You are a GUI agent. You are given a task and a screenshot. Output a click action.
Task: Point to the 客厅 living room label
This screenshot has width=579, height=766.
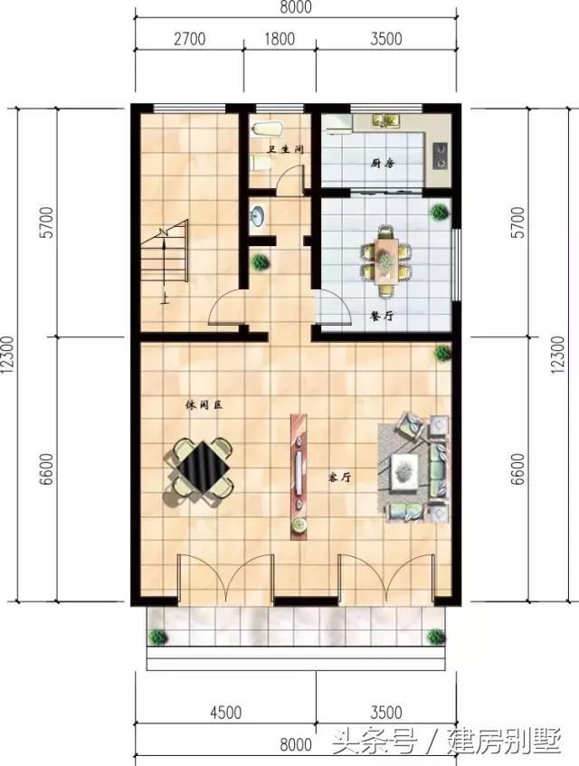coord(339,477)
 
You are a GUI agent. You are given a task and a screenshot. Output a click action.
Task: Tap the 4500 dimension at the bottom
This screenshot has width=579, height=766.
coord(224,712)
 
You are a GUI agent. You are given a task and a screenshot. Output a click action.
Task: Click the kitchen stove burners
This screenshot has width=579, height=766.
coord(441,154)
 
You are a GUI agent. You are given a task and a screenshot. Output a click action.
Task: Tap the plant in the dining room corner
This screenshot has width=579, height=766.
coord(439,213)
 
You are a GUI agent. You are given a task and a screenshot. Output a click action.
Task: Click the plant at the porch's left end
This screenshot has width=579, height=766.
coord(158,637)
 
